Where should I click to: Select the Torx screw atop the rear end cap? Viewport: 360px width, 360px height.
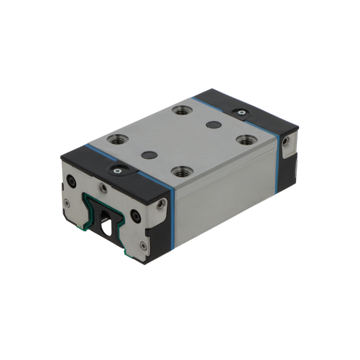[242, 112]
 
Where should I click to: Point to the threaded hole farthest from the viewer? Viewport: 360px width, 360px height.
[182, 110]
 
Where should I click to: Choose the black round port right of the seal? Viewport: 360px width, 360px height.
[135, 217]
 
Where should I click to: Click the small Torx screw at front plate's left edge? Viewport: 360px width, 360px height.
[67, 203]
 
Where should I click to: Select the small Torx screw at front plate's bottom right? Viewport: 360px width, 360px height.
[143, 245]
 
